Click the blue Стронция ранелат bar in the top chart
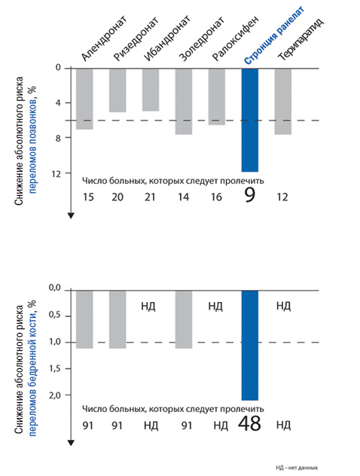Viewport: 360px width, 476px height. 250,121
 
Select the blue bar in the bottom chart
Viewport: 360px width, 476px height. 250,346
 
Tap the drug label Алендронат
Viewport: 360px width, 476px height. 104,38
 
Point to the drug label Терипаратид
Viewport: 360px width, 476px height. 301,39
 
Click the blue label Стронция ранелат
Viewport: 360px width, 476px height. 274,36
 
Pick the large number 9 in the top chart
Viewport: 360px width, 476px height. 249,195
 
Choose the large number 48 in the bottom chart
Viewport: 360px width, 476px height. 249,423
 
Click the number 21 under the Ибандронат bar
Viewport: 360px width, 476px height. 150,197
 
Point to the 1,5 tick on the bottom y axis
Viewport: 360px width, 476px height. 55,368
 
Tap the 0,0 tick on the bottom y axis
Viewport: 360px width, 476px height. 55,287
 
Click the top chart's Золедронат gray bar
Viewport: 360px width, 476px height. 184,102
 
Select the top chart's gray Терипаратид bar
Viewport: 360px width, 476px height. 283,102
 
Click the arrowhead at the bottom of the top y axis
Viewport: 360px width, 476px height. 71,216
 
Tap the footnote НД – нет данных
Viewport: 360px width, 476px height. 297,468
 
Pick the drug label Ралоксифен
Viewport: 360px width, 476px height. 235,38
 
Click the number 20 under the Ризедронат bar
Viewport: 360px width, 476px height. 117,197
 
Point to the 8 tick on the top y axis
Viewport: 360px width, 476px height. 58,138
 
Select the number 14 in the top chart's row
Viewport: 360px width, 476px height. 183,197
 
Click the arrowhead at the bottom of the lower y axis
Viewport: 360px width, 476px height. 71,443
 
